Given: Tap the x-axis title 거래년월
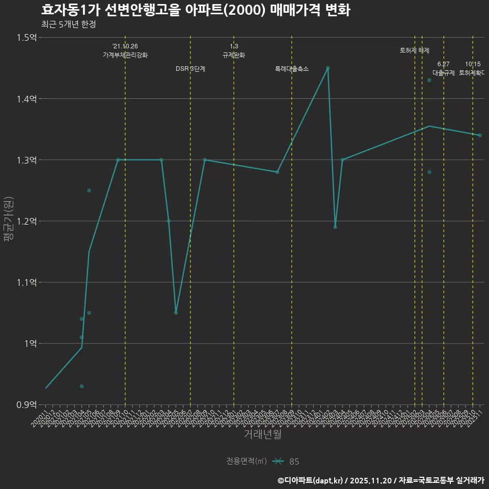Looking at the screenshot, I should click(262, 434).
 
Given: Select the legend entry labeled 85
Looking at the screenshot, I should click(294, 461).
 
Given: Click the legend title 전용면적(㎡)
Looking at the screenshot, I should click(247, 461).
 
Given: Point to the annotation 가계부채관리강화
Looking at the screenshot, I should click(125, 55).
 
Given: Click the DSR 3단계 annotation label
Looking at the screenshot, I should click(191, 69).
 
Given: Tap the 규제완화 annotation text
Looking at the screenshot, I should click(234, 55).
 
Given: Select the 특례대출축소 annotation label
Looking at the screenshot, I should click(292, 69).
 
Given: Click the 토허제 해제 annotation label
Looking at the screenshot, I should click(415, 50).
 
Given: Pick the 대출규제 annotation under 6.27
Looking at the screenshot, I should click(443, 73).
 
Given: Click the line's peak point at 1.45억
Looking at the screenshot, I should click(328, 68).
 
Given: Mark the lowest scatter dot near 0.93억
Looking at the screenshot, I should click(81, 386).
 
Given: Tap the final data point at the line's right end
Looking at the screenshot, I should click(480, 135).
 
